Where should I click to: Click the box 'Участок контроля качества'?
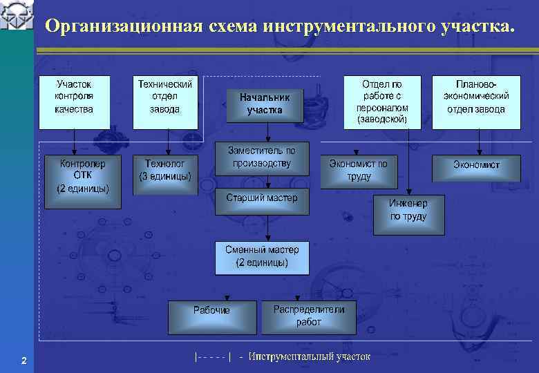[74, 102]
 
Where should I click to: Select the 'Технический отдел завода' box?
[164, 102]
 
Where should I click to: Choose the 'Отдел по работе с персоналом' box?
[382, 102]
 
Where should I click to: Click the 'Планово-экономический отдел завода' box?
[476, 102]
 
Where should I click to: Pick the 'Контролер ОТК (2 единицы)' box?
[83, 181]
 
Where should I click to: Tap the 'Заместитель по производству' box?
[262, 160]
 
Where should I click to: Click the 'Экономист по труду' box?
[358, 170]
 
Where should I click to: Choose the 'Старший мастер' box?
[262, 201]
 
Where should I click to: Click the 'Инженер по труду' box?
[408, 215]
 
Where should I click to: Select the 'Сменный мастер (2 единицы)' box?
[262, 258]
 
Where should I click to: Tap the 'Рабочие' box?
[211, 317]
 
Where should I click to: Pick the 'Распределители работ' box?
[308, 317]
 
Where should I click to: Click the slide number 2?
[24, 361]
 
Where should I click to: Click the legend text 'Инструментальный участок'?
[310, 356]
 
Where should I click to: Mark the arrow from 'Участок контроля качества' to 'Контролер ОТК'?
[75, 142]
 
